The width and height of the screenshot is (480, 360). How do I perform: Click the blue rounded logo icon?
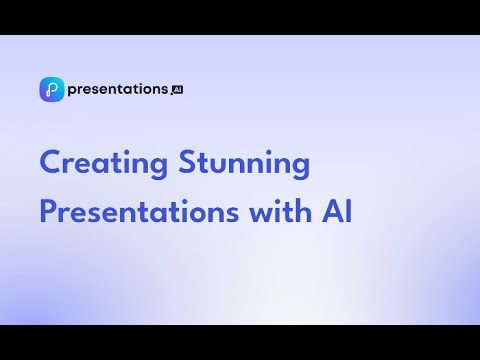[52, 89]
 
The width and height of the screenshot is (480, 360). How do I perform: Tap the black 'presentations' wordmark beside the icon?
[118, 90]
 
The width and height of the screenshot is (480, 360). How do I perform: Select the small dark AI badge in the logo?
[178, 90]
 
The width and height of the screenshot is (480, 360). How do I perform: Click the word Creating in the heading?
[104, 164]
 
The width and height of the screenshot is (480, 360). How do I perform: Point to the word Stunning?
[244, 164]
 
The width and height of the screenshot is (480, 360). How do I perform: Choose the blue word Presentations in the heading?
[139, 211]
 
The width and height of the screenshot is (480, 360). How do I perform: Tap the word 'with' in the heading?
[280, 211]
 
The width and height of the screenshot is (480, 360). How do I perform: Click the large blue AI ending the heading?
[337, 211]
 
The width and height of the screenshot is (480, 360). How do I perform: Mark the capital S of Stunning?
[187, 162]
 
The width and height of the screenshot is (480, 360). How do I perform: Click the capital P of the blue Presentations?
[48, 211]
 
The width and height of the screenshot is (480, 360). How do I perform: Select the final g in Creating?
[158, 168]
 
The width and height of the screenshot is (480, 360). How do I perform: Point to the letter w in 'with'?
[262, 214]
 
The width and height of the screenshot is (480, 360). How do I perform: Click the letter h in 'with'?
[303, 211]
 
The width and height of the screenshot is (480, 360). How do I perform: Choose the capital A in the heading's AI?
[333, 211]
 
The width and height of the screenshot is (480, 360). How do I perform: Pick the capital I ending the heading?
[349, 211]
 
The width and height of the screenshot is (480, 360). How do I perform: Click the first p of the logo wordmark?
[73, 91]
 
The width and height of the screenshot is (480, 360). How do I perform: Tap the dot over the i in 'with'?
[281, 201]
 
